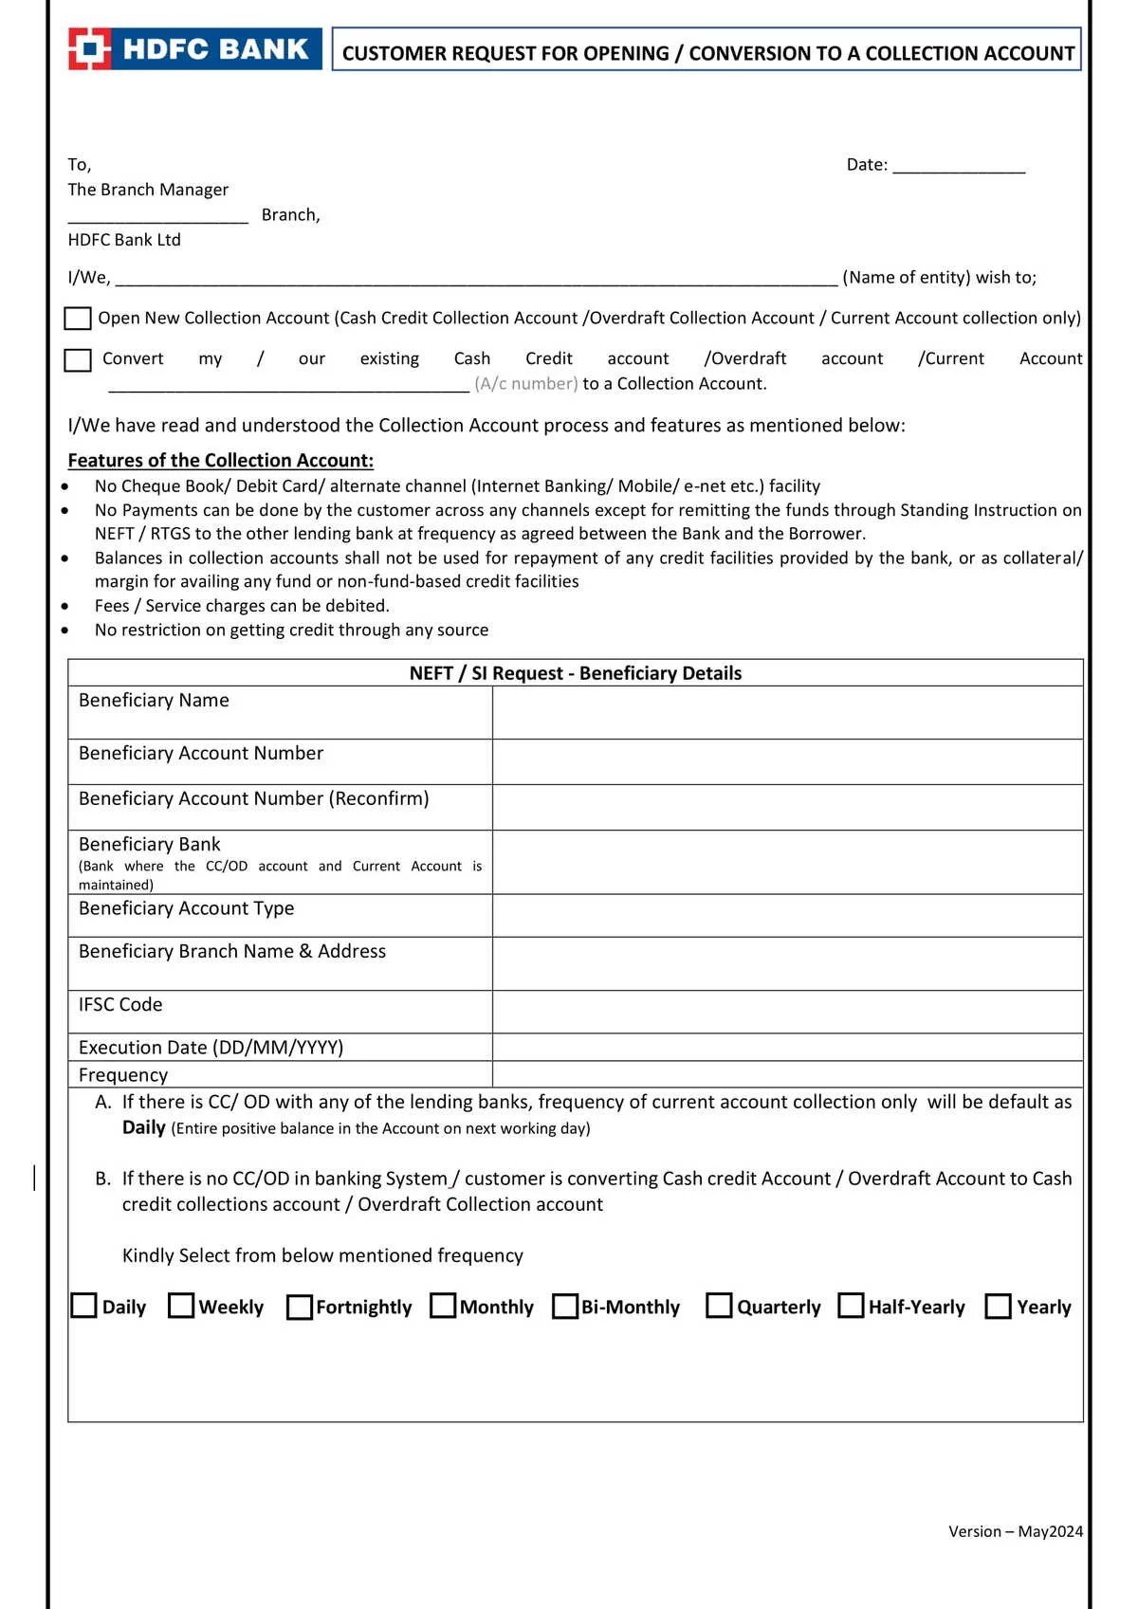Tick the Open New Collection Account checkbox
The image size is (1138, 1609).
pos(78,319)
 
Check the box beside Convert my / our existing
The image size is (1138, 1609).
pos(78,360)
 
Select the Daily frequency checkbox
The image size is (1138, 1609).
pos(84,1306)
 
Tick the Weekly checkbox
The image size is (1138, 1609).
pos(181,1306)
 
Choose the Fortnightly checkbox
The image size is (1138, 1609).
pos(299,1307)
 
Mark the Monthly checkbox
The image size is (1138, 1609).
pos(443,1306)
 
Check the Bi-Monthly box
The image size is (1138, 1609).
pos(565,1307)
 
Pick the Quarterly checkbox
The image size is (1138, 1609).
pos(720,1306)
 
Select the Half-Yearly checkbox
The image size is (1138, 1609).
pos(852,1306)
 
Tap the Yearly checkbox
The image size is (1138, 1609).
pos(999,1307)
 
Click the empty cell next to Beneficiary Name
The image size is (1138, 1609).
pos(787,712)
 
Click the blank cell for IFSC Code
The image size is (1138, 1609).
pos(787,1012)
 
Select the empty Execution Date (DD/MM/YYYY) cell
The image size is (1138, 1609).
pos(787,1047)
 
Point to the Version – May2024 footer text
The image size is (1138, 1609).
pos(1015,1531)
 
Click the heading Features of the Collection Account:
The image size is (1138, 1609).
pos(220,461)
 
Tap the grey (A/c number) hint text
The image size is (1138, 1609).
pos(526,384)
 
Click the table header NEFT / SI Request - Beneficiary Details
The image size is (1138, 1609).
pos(576,673)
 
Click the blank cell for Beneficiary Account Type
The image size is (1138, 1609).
pos(787,916)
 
